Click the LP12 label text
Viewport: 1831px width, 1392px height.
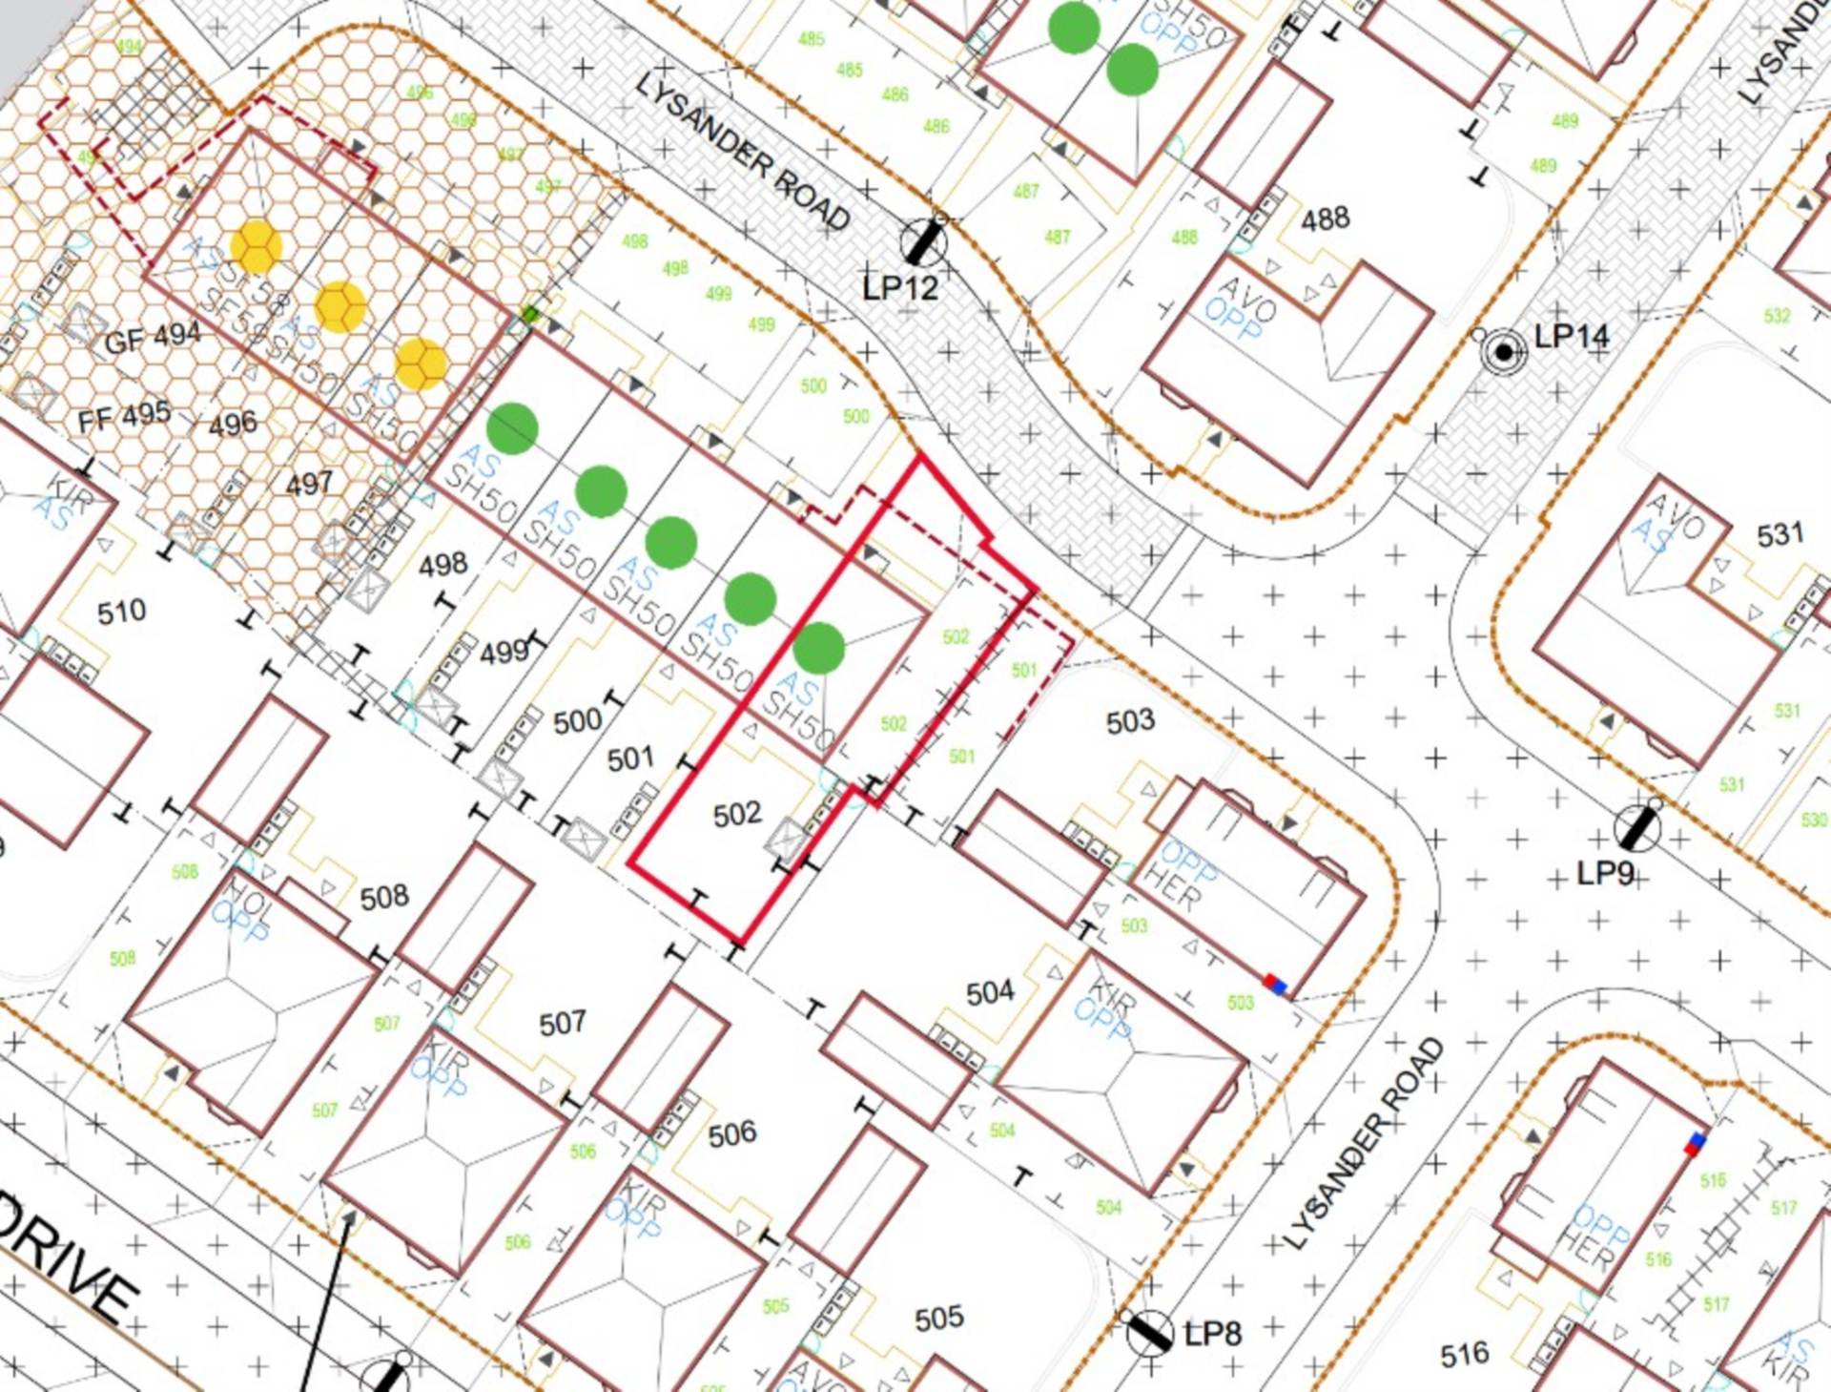899,287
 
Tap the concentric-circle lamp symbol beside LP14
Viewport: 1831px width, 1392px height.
1503,352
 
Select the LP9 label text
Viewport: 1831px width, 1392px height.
1605,873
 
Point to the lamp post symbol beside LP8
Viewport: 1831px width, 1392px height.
1149,1333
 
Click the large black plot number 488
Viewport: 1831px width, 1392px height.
1325,219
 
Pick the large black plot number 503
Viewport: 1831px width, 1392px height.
1130,721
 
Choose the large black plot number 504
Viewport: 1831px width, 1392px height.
989,993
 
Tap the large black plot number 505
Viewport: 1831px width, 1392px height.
938,1319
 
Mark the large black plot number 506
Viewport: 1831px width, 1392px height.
731,1133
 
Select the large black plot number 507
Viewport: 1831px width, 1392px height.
562,1024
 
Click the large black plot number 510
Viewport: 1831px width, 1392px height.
121,612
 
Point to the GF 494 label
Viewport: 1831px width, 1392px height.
153,338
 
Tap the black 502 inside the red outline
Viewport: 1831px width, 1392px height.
737,814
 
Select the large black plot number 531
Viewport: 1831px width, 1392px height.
1780,535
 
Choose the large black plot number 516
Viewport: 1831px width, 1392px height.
1464,1354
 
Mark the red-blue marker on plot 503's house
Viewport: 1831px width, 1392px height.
1274,984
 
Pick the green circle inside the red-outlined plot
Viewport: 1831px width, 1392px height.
818,648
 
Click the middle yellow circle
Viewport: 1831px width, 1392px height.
339,307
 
